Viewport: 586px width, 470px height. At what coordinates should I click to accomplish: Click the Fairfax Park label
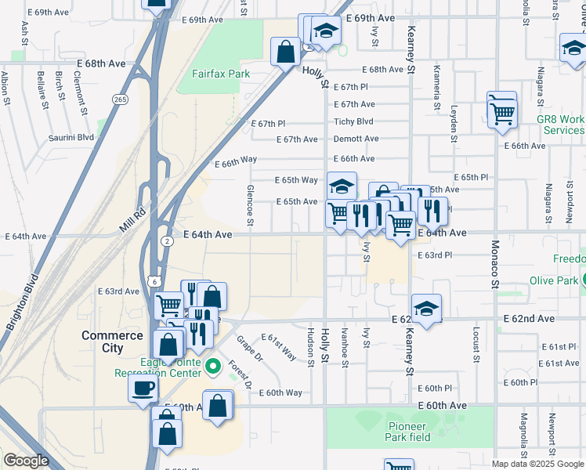tap(221, 74)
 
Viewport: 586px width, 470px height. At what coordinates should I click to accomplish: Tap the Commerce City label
tap(113, 342)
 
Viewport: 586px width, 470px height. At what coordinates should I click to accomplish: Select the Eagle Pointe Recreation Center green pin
tap(212, 366)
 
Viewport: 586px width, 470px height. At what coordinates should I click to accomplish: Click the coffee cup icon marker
tap(143, 389)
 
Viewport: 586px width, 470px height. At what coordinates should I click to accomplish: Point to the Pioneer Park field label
tap(409, 432)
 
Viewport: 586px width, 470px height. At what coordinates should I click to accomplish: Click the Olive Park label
tap(553, 280)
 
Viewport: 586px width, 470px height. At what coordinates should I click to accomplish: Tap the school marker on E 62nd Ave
tap(426, 309)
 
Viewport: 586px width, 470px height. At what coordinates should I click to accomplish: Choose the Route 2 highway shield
tap(167, 241)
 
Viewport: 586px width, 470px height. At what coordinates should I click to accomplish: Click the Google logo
tap(26, 461)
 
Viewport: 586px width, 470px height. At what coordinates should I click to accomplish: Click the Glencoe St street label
tap(250, 205)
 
